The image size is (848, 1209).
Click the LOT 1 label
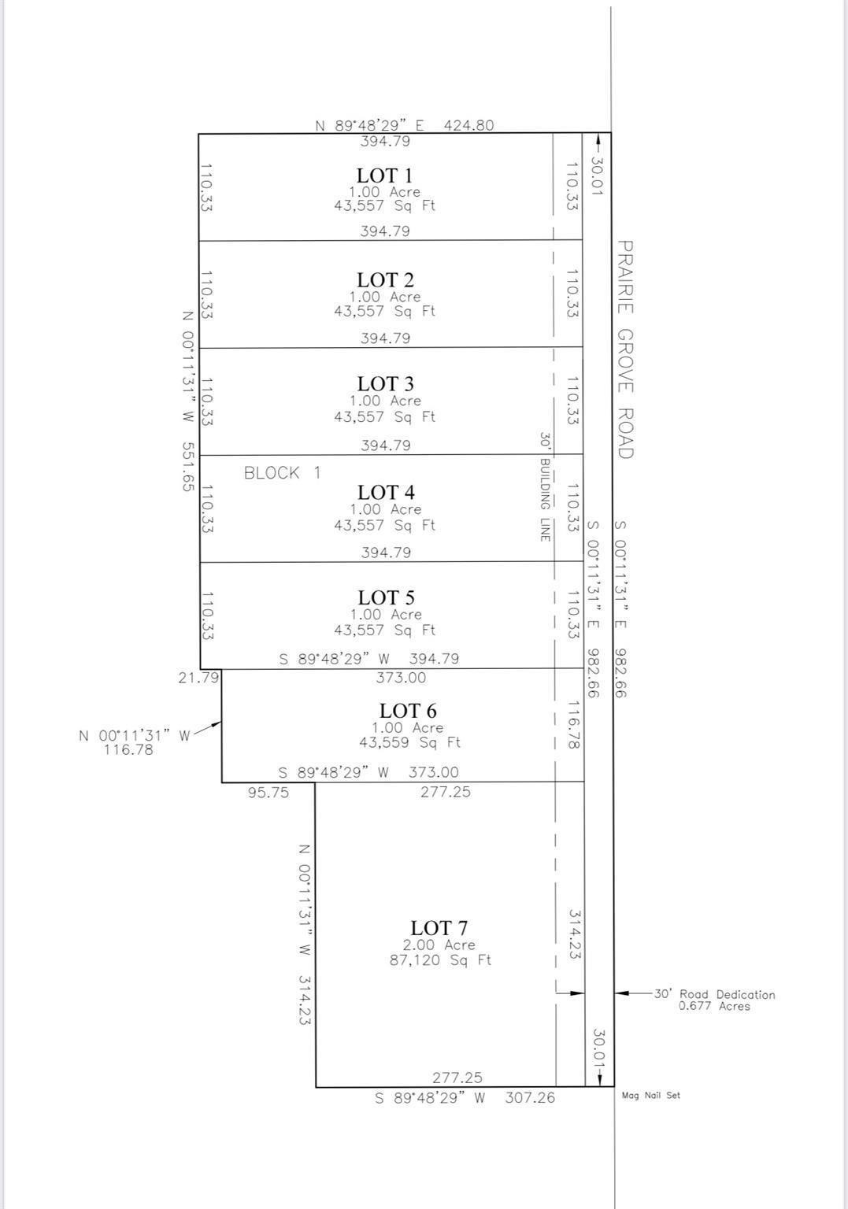coord(384,176)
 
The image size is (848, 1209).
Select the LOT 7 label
coord(439,928)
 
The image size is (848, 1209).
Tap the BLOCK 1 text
coord(282,473)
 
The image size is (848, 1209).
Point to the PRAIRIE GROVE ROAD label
coord(625,349)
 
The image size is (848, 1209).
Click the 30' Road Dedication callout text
coord(714,994)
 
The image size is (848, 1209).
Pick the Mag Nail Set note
coord(650,1095)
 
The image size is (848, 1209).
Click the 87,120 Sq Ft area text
coord(440,960)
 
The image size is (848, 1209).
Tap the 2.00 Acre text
coord(439,945)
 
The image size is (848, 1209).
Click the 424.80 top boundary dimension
coord(469,124)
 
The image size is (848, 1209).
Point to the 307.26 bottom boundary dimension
coord(530,1097)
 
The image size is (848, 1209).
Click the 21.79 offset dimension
coord(198,677)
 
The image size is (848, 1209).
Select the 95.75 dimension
coord(268,793)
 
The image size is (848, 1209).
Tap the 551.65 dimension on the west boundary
coord(187,466)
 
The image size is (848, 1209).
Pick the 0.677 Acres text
coord(714,1006)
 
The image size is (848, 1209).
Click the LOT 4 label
coord(386,493)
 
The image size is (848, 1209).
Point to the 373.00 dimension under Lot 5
coord(401,678)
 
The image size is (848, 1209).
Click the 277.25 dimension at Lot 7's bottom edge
coord(457,1078)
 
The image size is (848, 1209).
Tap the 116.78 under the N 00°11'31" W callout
coord(128,750)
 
